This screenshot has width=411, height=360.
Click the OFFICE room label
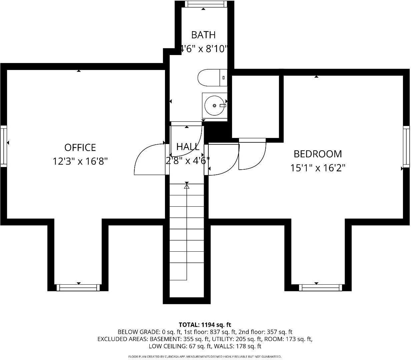pos(80,147)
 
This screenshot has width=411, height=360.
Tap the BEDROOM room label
pos(318,154)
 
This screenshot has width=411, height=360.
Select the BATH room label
pos(203,35)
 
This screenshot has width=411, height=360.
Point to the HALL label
pos(188,147)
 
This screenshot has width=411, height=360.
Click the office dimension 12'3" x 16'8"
pos(80,161)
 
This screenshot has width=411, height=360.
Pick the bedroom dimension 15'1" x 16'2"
pos(318,168)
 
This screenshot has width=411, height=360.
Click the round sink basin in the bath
pos(214,105)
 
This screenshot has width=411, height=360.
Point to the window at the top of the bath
pos(204,4)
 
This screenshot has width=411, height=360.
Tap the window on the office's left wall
pos(3,146)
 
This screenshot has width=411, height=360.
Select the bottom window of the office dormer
pos(78,287)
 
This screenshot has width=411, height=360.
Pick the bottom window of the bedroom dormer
pos(321,287)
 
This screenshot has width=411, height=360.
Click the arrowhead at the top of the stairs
pos(187,187)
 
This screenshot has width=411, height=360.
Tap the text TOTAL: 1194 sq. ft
pos(205,324)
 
